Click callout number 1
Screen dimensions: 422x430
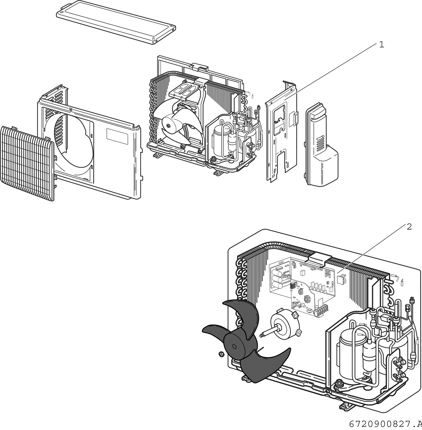pyautogui.click(x=381, y=45)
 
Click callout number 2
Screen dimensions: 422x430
pyautogui.click(x=409, y=227)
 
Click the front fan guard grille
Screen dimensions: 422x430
pyautogui.click(x=27, y=164)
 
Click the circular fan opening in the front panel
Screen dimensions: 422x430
pyautogui.click(x=73, y=146)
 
